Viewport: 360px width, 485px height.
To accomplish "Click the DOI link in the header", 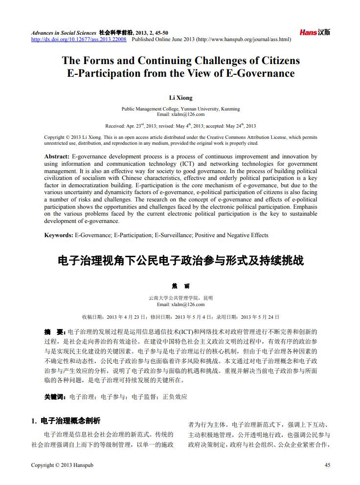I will click(79, 39).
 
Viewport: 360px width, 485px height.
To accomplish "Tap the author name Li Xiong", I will click(180, 98).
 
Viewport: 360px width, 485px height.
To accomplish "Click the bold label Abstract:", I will click(57, 157).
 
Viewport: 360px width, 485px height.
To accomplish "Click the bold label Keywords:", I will click(59, 235).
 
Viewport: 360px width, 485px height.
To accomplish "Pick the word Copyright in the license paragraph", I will click(54, 138).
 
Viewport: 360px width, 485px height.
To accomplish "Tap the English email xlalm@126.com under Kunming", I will click(180, 114).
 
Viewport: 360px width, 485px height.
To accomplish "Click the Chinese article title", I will click(180, 261).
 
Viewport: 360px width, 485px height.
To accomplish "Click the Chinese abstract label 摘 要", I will click(54, 332).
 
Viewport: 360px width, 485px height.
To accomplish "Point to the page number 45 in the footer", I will click(327, 464).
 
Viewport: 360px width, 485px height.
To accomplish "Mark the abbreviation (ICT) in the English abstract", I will click(188, 164).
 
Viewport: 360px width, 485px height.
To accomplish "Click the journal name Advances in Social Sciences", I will click(64, 32).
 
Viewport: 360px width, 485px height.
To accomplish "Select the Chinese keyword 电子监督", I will click(143, 397).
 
